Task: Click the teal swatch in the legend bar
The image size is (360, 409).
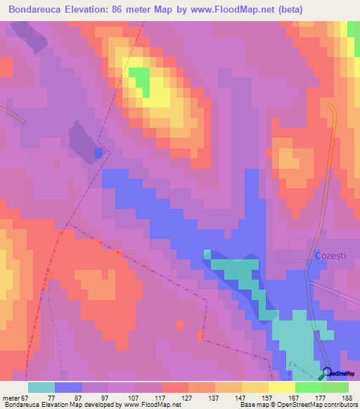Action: pos(41,387)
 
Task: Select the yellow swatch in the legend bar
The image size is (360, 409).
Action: pos(281,387)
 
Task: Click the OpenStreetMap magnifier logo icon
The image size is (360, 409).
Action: pos(327,373)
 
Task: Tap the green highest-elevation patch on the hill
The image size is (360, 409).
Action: pos(141,80)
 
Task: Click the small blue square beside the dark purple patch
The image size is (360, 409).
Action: pos(98,152)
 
